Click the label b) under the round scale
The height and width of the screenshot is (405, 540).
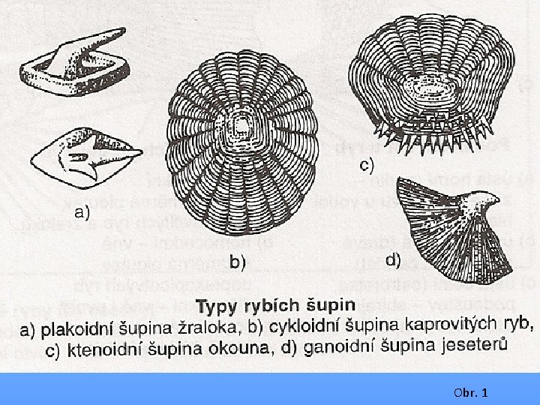(238, 262)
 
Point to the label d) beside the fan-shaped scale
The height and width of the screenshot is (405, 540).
(393, 261)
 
